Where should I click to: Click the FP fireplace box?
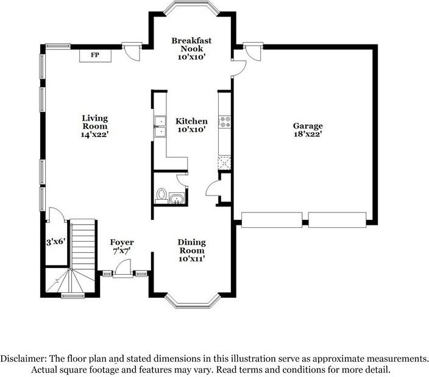point(95,55)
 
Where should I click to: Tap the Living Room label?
point(95,126)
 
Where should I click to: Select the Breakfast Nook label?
point(191,49)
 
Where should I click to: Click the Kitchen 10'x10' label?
point(191,125)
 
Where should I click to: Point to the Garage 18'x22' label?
point(308,130)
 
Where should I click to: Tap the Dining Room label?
point(192,250)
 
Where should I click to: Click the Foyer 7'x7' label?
point(122,247)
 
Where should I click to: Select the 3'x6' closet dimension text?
point(56,242)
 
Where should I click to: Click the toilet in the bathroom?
point(161,196)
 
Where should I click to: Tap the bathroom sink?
point(177,199)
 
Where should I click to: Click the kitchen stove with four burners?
point(225,122)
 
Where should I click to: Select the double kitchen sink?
point(160,126)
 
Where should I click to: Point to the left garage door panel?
point(272,220)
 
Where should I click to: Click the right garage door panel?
point(338,220)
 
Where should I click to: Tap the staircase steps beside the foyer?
point(83,245)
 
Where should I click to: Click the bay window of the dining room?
point(193,301)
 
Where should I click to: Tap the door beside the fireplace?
point(132,51)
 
